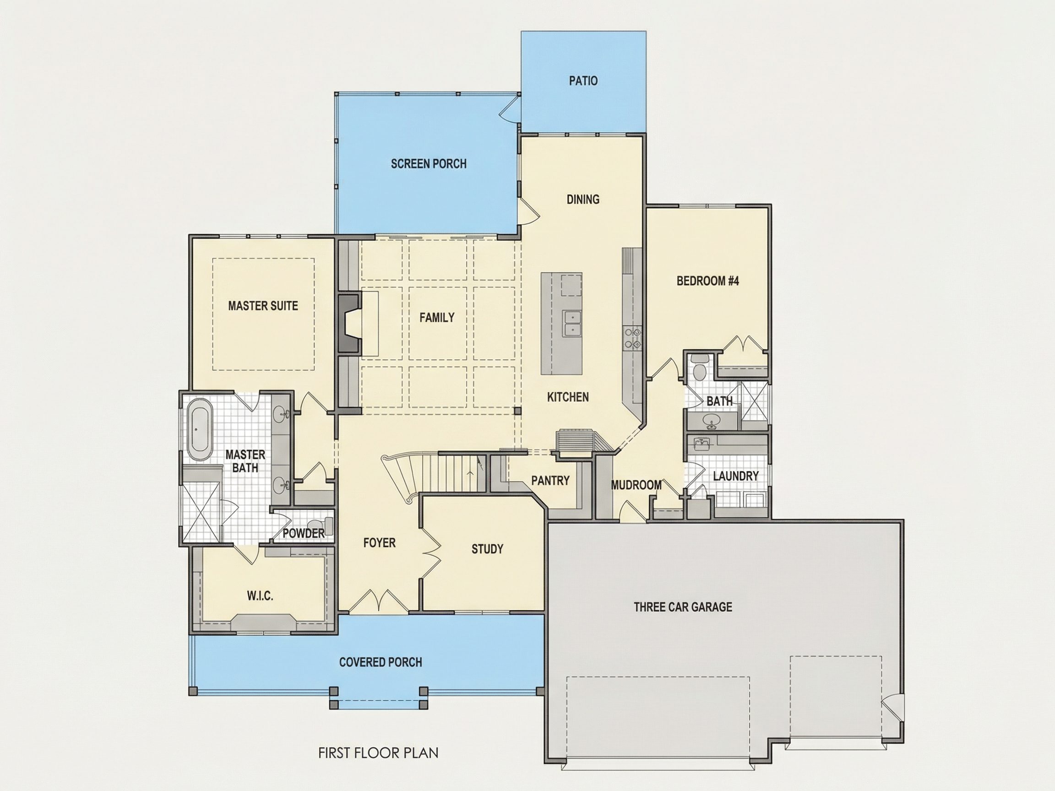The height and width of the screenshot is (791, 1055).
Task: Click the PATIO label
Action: (x=583, y=81)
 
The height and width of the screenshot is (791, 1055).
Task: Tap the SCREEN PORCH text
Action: (x=429, y=164)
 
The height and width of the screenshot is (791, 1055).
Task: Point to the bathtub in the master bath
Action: (x=199, y=431)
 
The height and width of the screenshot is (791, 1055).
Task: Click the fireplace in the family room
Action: (x=348, y=324)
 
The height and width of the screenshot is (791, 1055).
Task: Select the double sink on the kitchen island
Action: (x=571, y=323)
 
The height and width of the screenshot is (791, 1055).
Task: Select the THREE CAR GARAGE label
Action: (x=683, y=607)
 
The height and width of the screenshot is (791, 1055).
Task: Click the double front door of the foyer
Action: (x=379, y=601)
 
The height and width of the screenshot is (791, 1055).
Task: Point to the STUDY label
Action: (x=487, y=549)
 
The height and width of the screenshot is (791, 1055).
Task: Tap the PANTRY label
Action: (x=550, y=480)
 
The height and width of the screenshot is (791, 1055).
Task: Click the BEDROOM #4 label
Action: (x=707, y=281)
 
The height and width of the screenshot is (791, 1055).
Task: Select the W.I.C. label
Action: (x=260, y=596)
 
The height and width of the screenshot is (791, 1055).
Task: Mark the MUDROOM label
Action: (x=636, y=485)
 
